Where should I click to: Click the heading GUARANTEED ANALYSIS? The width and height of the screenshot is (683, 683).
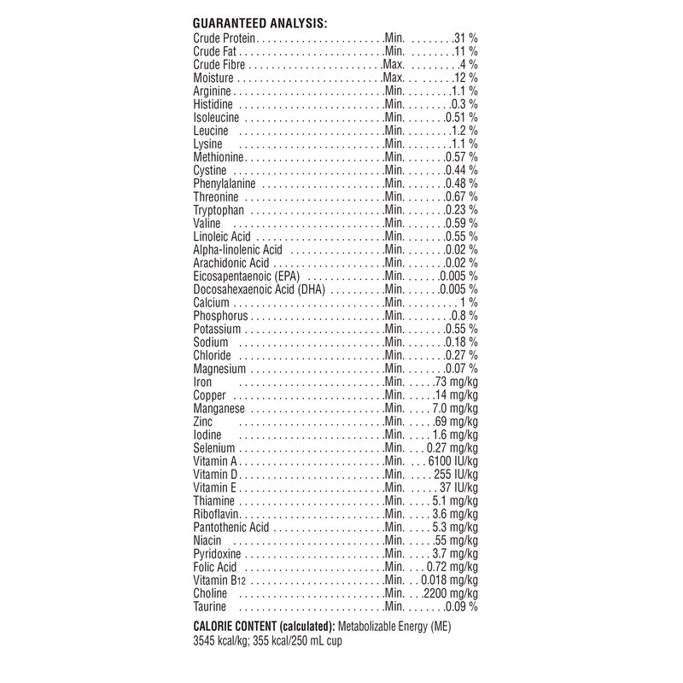[x=261, y=24]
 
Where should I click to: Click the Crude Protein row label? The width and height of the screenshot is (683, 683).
[x=225, y=39]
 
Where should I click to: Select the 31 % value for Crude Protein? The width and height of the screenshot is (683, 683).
[x=464, y=39]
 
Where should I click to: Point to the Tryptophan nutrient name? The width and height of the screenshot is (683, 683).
[x=219, y=210]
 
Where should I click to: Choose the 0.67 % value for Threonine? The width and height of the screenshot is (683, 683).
[x=462, y=197]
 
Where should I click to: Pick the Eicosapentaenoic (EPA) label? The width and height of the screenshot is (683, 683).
[x=248, y=277]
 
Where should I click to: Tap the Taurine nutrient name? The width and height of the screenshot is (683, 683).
[x=210, y=606]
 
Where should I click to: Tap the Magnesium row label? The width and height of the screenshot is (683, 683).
[x=220, y=369]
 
